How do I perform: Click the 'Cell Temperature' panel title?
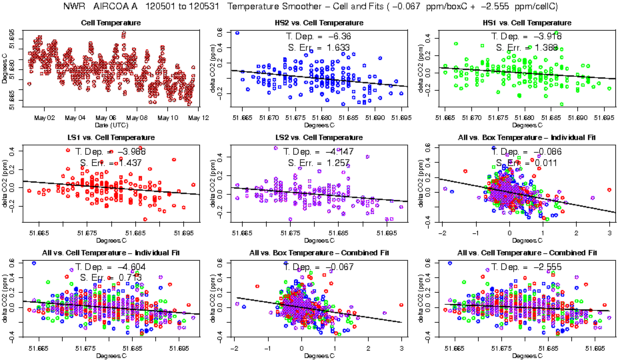click(x=111, y=23)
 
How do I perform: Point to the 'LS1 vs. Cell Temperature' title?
click(x=111, y=137)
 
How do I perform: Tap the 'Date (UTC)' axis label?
click(x=111, y=125)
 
